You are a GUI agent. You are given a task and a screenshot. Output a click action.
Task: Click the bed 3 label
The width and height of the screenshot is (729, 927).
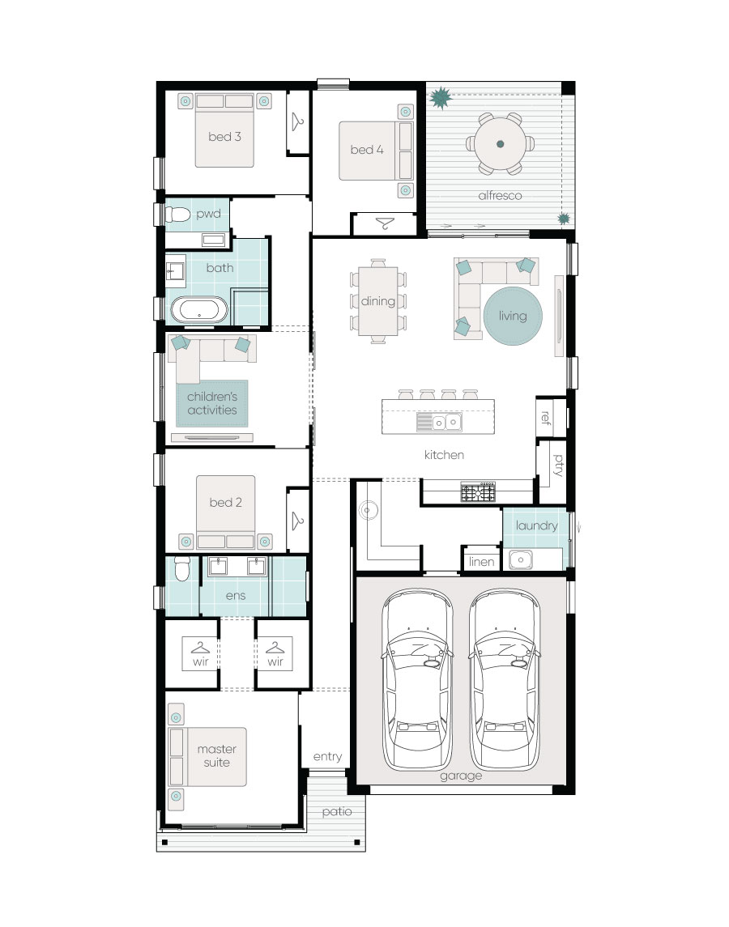224,137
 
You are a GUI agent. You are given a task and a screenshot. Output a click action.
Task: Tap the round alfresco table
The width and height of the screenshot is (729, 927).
500,143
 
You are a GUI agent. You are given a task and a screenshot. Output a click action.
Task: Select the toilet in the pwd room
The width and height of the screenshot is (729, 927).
177,214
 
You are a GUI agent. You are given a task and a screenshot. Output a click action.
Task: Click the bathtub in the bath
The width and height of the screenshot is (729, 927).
198,310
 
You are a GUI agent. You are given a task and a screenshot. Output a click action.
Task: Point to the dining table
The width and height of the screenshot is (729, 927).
378,301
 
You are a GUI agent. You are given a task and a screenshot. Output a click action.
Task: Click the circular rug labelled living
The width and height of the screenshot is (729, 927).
513,316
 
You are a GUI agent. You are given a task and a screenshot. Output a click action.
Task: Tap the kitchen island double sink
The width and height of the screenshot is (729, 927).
446,422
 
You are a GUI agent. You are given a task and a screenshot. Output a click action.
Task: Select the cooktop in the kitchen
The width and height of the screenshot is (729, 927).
478,491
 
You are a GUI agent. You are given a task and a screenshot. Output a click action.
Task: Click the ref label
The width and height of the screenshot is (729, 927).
546,418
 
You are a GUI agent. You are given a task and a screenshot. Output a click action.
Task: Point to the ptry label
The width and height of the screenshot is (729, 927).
558,466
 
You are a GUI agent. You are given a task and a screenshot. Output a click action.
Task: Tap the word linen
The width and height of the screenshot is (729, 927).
481,562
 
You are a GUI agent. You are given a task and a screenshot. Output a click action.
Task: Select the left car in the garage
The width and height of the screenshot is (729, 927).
417,679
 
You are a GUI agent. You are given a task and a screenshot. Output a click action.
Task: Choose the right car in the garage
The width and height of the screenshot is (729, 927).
505,679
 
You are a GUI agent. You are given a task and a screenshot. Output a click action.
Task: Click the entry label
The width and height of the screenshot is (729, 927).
327,757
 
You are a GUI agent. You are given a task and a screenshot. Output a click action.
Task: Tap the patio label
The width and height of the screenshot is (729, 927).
337,812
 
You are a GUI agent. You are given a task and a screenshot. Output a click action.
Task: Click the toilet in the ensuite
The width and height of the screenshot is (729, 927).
181,568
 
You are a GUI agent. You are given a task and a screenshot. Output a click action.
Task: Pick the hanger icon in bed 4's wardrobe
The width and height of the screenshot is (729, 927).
386,223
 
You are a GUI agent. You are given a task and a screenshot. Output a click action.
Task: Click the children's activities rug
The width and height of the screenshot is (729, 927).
212,403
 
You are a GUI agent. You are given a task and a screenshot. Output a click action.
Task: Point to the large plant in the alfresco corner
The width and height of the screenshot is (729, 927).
441,98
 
